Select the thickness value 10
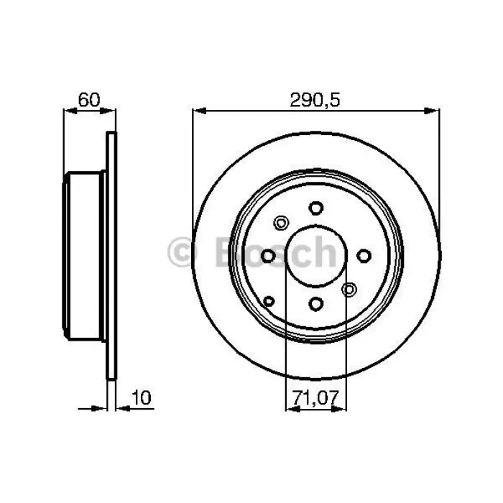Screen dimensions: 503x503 click(x=141, y=397)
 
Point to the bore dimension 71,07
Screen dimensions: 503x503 click(x=315, y=398)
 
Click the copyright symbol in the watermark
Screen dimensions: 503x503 click(x=182, y=251)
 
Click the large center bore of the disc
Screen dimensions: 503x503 click(x=316, y=256)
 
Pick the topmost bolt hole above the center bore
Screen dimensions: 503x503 click(x=316, y=208)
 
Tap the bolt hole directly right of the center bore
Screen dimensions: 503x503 click(x=364, y=256)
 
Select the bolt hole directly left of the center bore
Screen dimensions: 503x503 click(x=268, y=256)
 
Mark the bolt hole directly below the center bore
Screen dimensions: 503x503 click(x=316, y=303)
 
